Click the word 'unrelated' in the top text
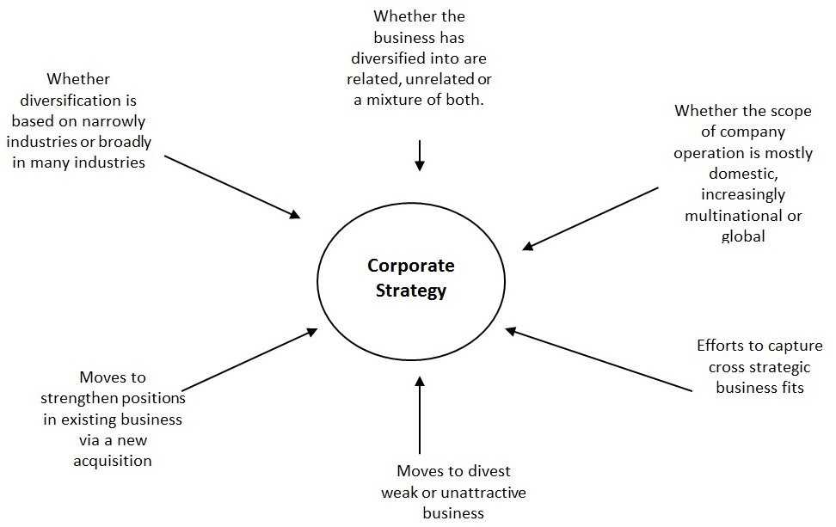[440, 80]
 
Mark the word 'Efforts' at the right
[720, 346]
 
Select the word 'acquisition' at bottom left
[113, 461]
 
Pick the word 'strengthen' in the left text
[113, 398]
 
